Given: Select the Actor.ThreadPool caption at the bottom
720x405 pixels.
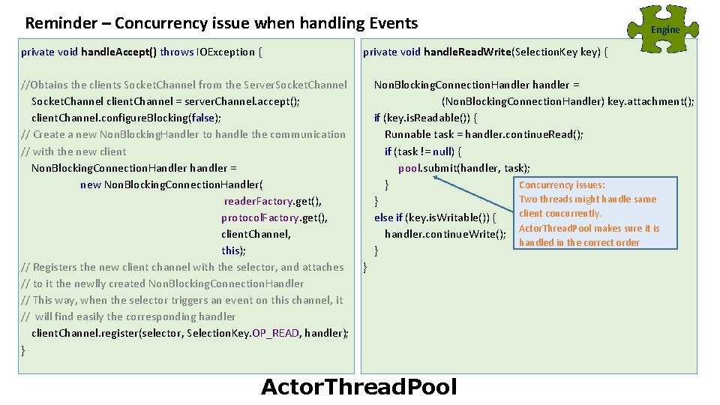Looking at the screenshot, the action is point(358,387).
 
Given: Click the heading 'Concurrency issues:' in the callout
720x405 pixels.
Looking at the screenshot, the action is point(562,184).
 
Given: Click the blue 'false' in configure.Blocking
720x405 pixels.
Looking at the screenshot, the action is point(202,118).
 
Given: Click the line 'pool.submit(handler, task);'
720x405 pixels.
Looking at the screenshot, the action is point(464,168).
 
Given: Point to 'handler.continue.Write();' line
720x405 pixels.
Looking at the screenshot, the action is point(445,234).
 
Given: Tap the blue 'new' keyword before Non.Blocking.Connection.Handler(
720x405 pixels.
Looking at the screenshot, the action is point(90,184).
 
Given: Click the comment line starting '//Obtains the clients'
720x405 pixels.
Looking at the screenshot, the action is point(184,85).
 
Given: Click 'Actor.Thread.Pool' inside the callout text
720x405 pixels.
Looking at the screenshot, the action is point(556,228).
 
